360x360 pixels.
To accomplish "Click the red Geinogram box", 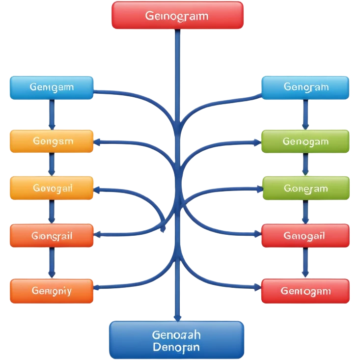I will pos(177,15).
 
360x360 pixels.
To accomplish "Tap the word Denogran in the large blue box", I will pos(176,347).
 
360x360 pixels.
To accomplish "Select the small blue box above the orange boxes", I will pos(52,88).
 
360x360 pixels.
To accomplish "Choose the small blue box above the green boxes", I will pos(305,88).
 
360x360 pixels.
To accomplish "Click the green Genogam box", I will pos(305,141).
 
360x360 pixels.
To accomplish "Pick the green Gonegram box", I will pos(305,189).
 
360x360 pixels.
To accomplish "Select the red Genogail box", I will pos(305,236).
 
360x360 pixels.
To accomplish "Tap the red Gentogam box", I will pos(305,291).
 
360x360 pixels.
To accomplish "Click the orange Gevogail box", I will pos(52,188).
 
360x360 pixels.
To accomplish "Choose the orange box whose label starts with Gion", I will pos(52,236).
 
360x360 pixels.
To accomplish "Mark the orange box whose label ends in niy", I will pos(52,291).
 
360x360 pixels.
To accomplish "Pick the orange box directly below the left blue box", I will pos(52,141).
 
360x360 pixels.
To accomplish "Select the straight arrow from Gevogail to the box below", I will pos(51,212).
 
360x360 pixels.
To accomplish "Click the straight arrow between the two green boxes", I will pos(305,165).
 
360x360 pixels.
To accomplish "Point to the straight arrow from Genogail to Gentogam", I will pos(305,263).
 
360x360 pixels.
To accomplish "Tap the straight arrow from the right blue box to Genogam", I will pos(305,114).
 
